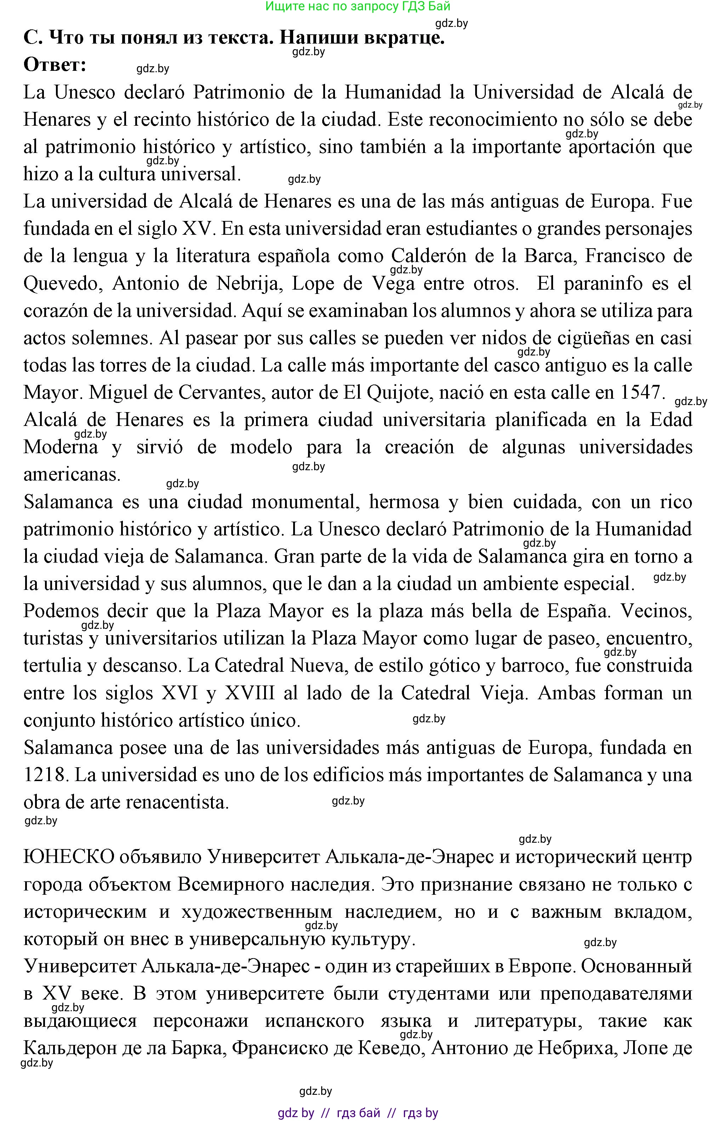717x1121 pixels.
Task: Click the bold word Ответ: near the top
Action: [x=55, y=65]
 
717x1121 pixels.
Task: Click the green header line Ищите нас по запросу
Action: [x=358, y=6]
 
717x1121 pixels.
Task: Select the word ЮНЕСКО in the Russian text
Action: [x=69, y=857]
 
